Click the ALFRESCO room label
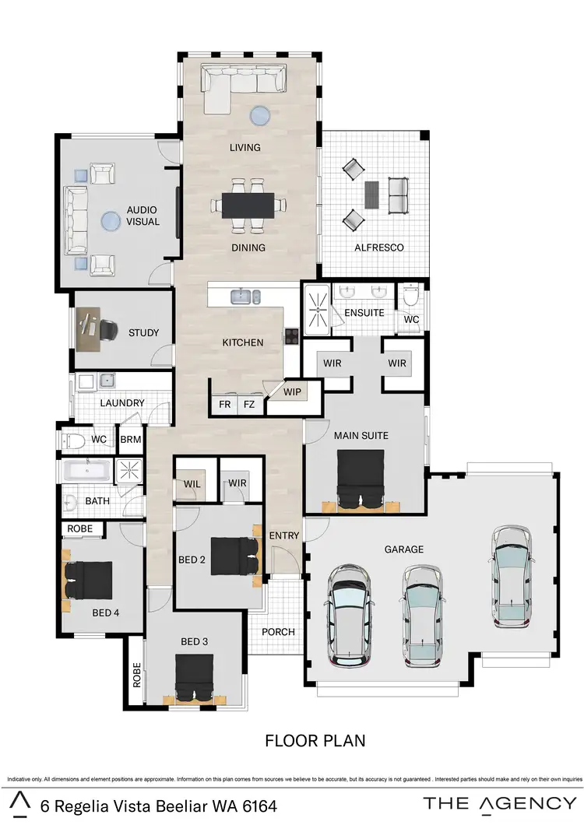pyautogui.click(x=378, y=247)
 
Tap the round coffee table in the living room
pyautogui.click(x=260, y=116)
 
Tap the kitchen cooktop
pyautogui.click(x=290, y=336)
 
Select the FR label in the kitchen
pyautogui.click(x=225, y=404)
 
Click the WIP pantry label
pyautogui.click(x=292, y=391)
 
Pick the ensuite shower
pyautogui.click(x=317, y=309)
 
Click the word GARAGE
pyautogui.click(x=403, y=549)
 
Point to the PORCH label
pyautogui.click(x=278, y=631)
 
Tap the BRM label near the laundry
pyautogui.click(x=129, y=440)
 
